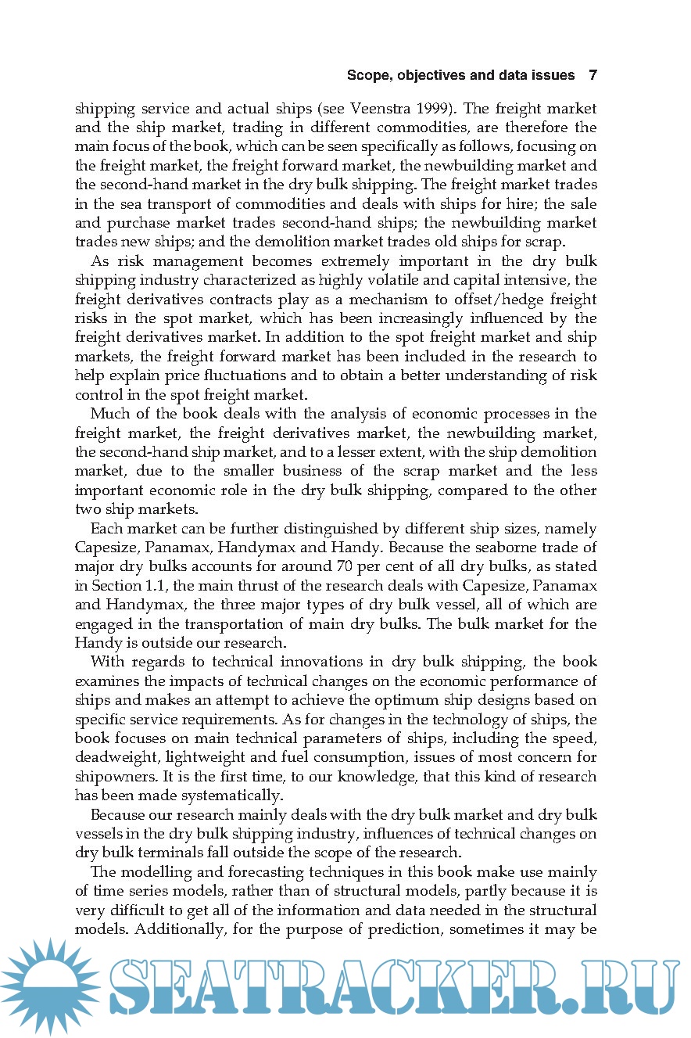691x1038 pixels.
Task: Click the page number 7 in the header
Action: click(593, 76)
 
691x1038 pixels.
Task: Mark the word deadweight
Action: click(114, 757)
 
